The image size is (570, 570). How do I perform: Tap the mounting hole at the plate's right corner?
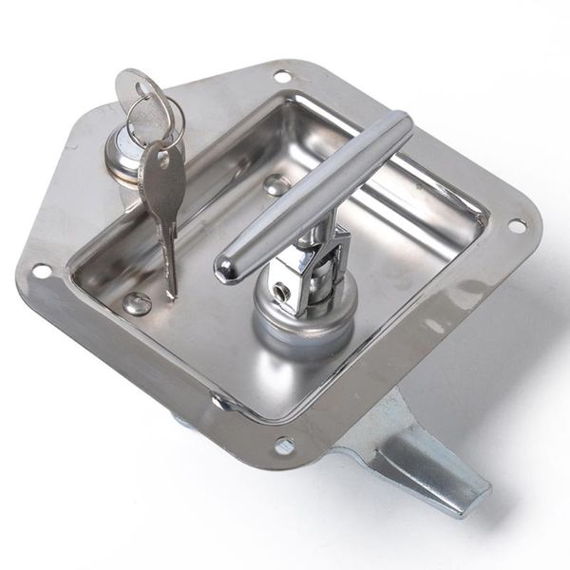click(518, 226)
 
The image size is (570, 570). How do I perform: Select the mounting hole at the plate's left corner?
click(41, 271)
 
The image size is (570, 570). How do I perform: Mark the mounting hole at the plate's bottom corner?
click(285, 444)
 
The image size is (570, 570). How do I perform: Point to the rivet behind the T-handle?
click(276, 183)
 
